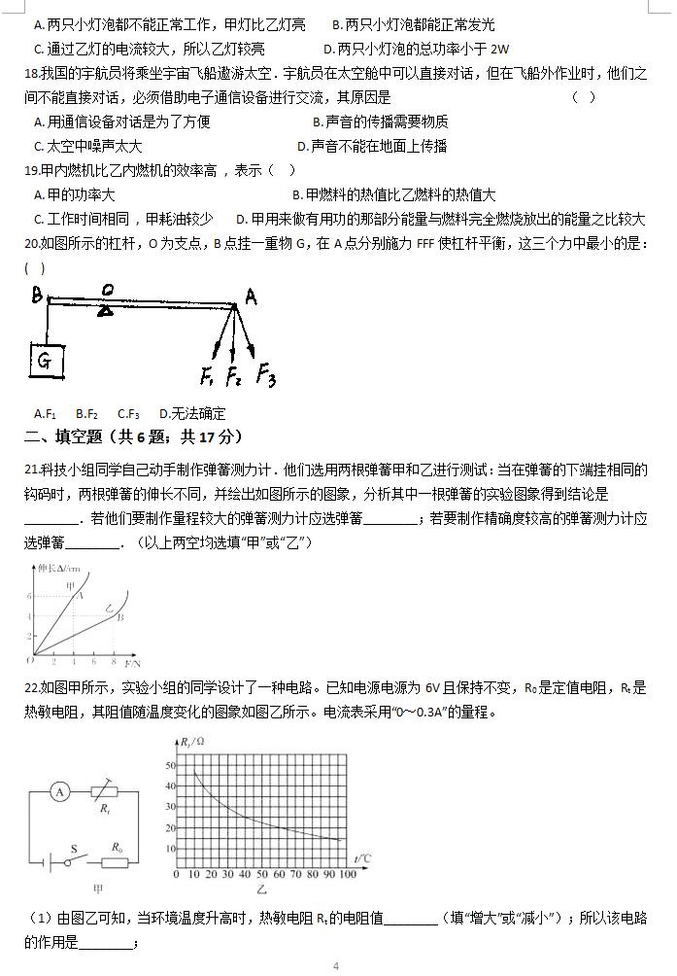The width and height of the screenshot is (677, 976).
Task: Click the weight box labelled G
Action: pyautogui.click(x=45, y=361)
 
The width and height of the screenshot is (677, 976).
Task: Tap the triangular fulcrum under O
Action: pyautogui.click(x=106, y=308)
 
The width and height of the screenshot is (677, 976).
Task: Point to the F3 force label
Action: pyautogui.click(x=265, y=375)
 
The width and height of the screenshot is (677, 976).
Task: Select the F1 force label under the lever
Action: pyautogui.click(x=208, y=375)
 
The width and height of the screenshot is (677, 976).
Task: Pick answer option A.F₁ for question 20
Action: pyautogui.click(x=45, y=413)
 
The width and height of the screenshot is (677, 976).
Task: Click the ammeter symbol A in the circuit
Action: pyautogui.click(x=59, y=792)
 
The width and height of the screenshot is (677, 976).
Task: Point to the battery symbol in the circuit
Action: pyautogui.click(x=43, y=861)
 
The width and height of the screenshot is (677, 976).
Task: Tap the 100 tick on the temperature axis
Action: pyautogui.click(x=346, y=875)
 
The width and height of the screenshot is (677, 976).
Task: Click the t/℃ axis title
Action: pyautogui.click(x=363, y=858)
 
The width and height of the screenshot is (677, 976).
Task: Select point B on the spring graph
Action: pyautogui.click(x=118, y=616)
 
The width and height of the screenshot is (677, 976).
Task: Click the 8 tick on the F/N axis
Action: pyautogui.click(x=114, y=661)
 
